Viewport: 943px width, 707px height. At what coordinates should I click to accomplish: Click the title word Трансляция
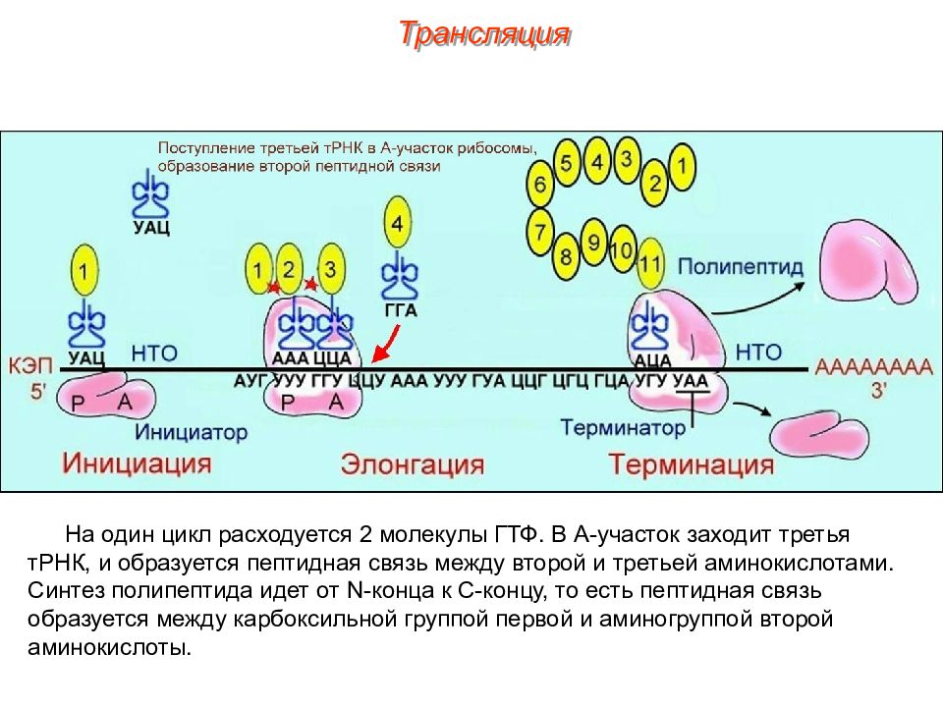click(x=484, y=33)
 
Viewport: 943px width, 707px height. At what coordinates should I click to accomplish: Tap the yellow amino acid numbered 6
click(x=539, y=183)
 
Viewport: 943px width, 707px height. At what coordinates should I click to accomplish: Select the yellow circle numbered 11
click(x=650, y=263)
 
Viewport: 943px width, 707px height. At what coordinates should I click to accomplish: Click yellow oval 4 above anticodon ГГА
click(x=397, y=224)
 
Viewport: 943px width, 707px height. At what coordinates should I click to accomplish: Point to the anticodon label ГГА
click(x=400, y=311)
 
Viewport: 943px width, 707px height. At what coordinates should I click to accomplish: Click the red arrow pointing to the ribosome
click(x=385, y=344)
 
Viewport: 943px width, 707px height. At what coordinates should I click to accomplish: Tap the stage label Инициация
click(x=138, y=462)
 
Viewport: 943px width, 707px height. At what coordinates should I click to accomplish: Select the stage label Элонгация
click(x=413, y=464)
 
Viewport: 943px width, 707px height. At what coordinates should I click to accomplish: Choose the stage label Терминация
click(x=691, y=464)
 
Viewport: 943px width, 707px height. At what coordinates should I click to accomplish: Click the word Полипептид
click(x=741, y=266)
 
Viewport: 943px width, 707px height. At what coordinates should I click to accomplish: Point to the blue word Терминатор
click(x=623, y=427)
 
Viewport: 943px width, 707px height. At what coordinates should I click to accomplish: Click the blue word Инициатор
click(x=192, y=432)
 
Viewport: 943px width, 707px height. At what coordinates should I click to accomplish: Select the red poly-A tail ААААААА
click(x=873, y=366)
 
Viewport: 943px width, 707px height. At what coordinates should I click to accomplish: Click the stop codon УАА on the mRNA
click(x=691, y=382)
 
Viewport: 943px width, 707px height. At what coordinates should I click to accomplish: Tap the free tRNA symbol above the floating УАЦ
click(x=150, y=192)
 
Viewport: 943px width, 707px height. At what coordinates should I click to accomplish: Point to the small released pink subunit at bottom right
click(x=819, y=435)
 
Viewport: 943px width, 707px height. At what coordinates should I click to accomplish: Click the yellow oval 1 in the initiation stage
click(x=84, y=270)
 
